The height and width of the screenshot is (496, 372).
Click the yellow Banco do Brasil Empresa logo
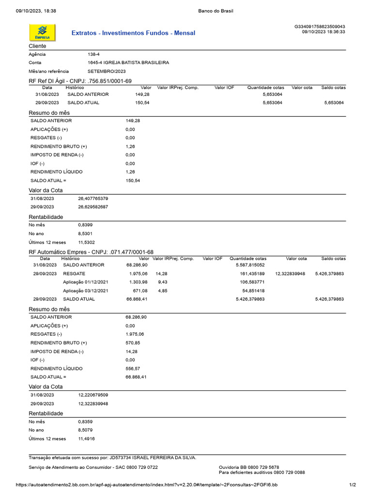coord(43,32)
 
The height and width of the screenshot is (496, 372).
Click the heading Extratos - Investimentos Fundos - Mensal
coord(133,33)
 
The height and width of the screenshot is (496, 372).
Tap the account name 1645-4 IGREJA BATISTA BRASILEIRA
coord(128,62)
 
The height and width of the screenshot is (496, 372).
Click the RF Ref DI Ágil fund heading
coord(80,81)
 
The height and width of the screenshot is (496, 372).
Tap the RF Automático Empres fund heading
coord(92,252)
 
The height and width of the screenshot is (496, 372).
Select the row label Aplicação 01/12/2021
coord(86,282)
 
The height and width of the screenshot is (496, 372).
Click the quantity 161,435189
coord(252,274)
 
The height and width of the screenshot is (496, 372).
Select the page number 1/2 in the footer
coord(352,485)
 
